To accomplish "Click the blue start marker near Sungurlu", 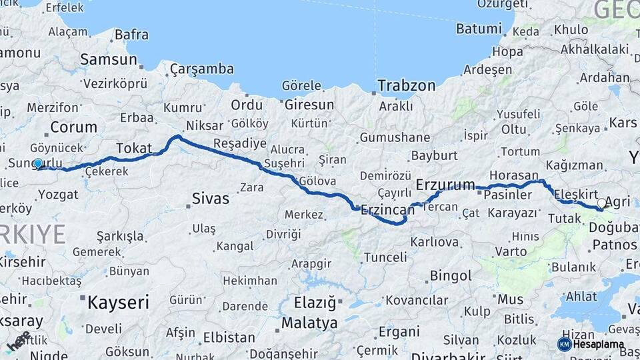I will coord(38,163).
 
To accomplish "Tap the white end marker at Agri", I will coord(601,203).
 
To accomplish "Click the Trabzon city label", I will coord(406,85).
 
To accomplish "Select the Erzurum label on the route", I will coord(445,184).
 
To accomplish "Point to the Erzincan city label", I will coord(387,210).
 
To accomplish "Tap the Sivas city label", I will coord(210,198).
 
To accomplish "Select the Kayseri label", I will coord(118,303).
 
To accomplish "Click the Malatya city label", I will coord(309,323).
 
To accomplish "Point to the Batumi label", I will coord(479,29).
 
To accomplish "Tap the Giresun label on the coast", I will coord(309,105).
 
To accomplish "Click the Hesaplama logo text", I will coord(599,345).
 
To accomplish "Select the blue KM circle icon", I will coord(564,344).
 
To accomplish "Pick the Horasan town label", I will coord(517,172).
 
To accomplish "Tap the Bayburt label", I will coord(434,155).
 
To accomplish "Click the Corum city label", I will coord(73,127).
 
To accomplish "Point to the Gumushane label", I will coord(395,137).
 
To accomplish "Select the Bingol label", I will coord(451,275).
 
